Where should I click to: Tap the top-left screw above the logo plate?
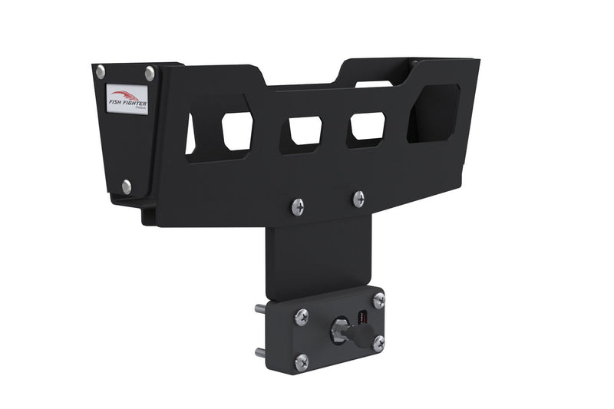click(101, 71)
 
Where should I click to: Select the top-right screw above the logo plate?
click(150, 73)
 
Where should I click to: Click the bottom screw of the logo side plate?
click(127, 186)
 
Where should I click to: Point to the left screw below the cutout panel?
click(297, 206)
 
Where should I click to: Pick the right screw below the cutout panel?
click(358, 198)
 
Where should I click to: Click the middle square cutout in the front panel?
click(305, 131)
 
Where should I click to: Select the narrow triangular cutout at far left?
click(190, 134)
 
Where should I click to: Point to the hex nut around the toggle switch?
click(338, 331)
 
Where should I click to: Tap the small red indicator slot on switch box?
click(365, 316)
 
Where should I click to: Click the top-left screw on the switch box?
click(302, 315)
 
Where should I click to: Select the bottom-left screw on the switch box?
click(301, 361)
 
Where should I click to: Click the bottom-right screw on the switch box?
click(378, 343)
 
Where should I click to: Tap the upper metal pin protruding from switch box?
click(260, 309)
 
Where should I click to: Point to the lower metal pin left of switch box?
click(260, 354)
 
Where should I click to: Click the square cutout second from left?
click(237, 131)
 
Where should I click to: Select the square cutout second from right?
click(368, 126)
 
